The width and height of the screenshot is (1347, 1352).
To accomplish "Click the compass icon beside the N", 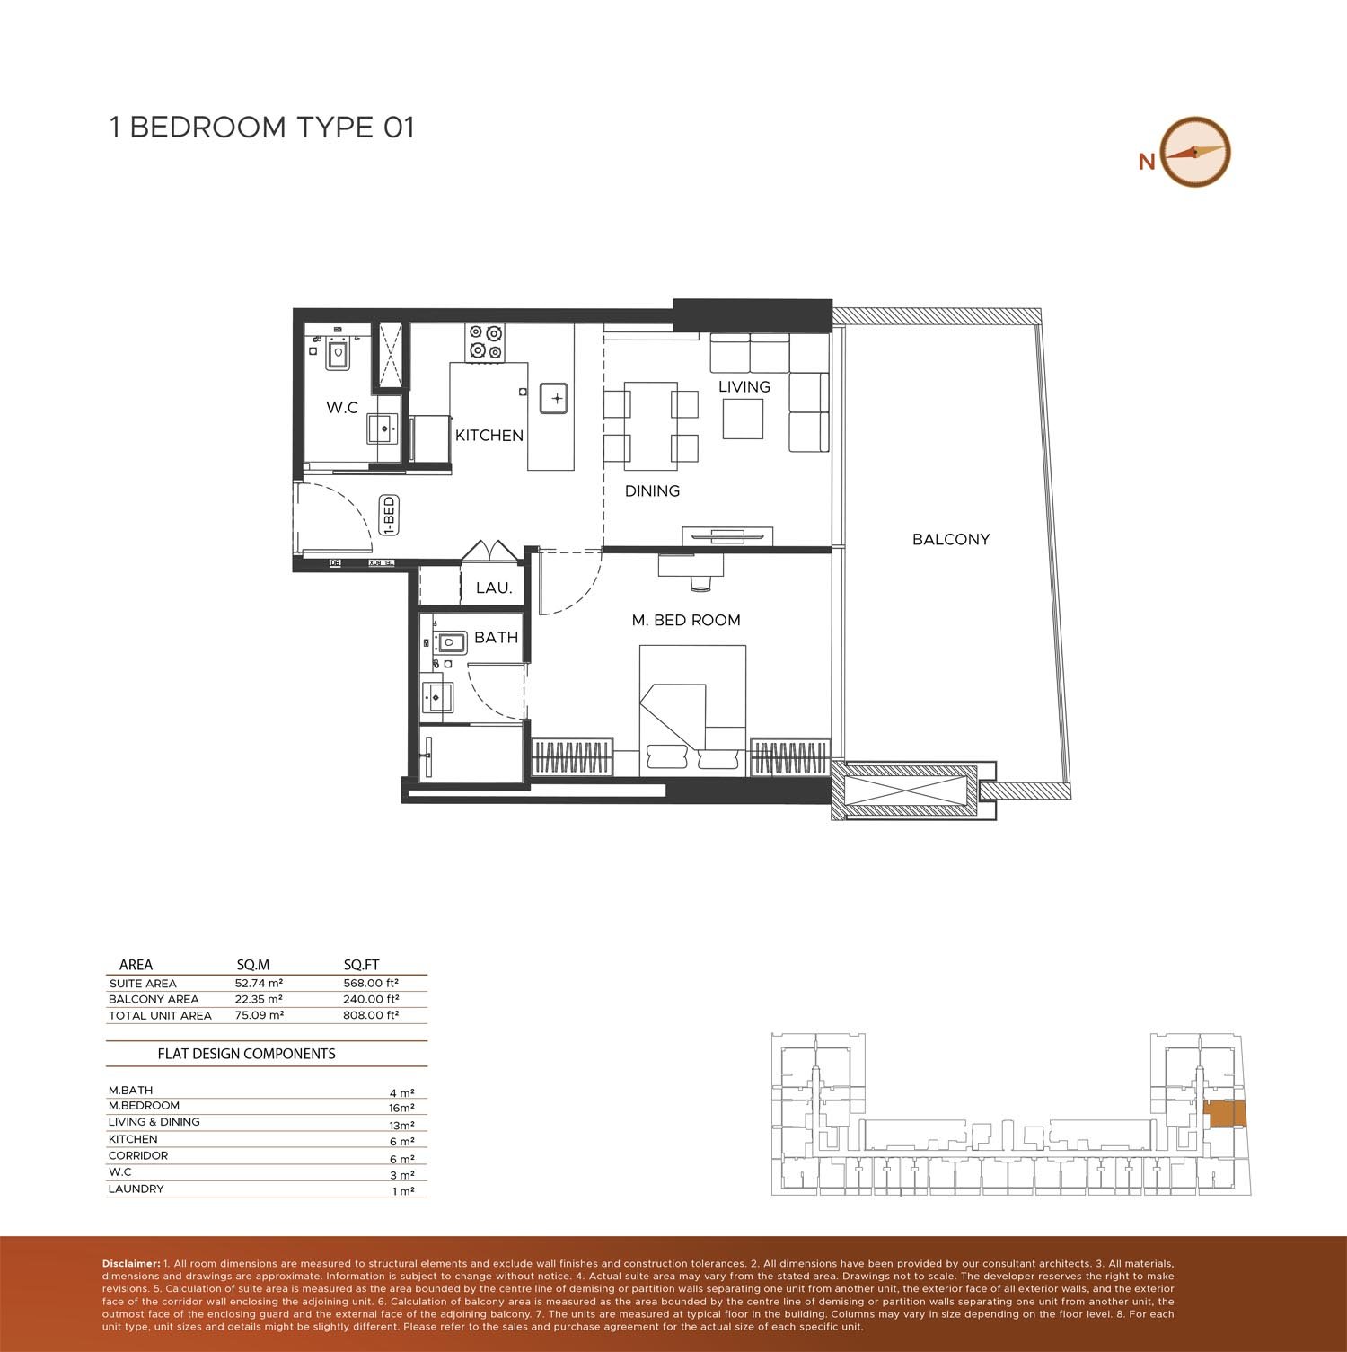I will [1194, 152].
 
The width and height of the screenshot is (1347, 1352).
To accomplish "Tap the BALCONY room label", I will [950, 539].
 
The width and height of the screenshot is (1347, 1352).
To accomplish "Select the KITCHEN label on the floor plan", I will [489, 436].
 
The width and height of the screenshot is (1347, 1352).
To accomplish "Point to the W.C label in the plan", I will [342, 408].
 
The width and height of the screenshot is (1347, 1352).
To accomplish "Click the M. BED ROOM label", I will [686, 620].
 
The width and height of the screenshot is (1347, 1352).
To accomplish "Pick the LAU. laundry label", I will [494, 588].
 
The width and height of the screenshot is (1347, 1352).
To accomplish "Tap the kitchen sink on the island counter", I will [553, 398].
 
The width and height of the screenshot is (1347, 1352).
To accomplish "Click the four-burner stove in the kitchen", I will [485, 341].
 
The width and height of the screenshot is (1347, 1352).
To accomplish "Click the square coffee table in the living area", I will [743, 419].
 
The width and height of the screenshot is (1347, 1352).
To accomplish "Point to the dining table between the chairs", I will [650, 426].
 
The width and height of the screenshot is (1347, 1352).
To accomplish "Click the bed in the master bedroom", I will [691, 710].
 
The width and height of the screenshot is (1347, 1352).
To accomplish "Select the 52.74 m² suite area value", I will [259, 983].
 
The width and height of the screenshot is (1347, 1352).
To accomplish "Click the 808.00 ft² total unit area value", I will [371, 1015].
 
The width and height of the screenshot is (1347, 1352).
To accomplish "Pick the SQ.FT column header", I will [361, 965].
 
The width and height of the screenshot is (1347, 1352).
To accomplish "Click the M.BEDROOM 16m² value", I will [401, 1108].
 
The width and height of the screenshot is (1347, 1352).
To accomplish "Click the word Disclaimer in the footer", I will [131, 1264].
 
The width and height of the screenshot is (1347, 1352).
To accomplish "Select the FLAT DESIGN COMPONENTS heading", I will [246, 1054].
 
